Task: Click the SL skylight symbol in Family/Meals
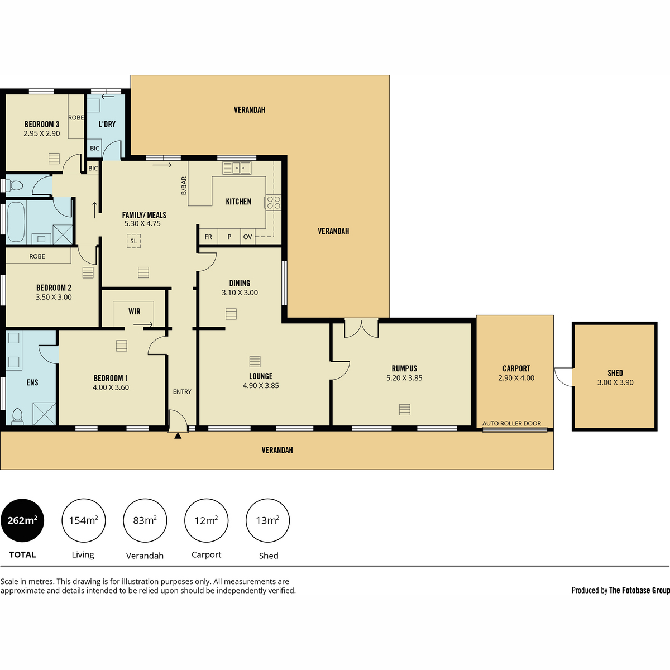click(133, 241)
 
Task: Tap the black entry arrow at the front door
click(178, 435)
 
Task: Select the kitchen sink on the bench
click(237, 168)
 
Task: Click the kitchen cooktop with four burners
click(273, 202)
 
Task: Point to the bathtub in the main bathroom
click(16, 222)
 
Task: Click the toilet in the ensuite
click(17, 417)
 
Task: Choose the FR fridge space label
click(208, 237)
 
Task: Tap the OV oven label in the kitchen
click(247, 237)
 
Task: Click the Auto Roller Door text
click(511, 423)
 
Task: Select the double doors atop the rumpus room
click(361, 328)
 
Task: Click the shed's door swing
click(563, 377)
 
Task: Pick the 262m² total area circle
click(22, 520)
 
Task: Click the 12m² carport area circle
click(206, 520)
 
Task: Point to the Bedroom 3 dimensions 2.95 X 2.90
click(42, 133)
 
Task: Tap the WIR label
click(134, 312)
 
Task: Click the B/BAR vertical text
click(184, 185)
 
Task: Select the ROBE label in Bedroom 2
click(37, 256)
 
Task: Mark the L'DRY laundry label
click(107, 124)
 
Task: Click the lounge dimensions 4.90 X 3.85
click(261, 386)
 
